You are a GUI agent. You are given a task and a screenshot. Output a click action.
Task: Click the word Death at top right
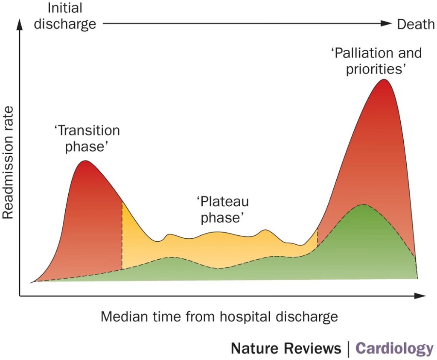coord(416,24)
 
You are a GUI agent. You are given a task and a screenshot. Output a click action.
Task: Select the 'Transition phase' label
coord(87,138)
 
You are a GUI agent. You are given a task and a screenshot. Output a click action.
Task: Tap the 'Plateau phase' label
coord(222,209)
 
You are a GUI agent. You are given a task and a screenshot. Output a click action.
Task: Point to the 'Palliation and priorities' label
coord(376,61)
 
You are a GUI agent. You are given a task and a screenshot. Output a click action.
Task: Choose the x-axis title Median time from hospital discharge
coord(219,317)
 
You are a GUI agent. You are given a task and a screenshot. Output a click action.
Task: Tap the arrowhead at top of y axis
coord(20,25)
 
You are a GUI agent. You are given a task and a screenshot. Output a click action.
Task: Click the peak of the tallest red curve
coord(385,79)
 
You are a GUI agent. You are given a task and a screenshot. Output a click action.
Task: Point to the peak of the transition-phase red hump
coord(85,161)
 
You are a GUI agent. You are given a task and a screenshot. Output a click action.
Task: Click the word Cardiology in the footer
coord(394,348)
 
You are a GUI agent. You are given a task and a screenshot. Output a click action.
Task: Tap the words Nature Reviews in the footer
coord(286,348)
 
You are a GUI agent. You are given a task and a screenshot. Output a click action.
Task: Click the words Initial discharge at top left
coord(65,16)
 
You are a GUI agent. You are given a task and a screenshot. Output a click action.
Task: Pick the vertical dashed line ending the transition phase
coord(122,235)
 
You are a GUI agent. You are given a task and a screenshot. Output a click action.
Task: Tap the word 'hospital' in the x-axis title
coord(250,317)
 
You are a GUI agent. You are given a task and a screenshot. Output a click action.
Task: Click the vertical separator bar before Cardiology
coord(349,349)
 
